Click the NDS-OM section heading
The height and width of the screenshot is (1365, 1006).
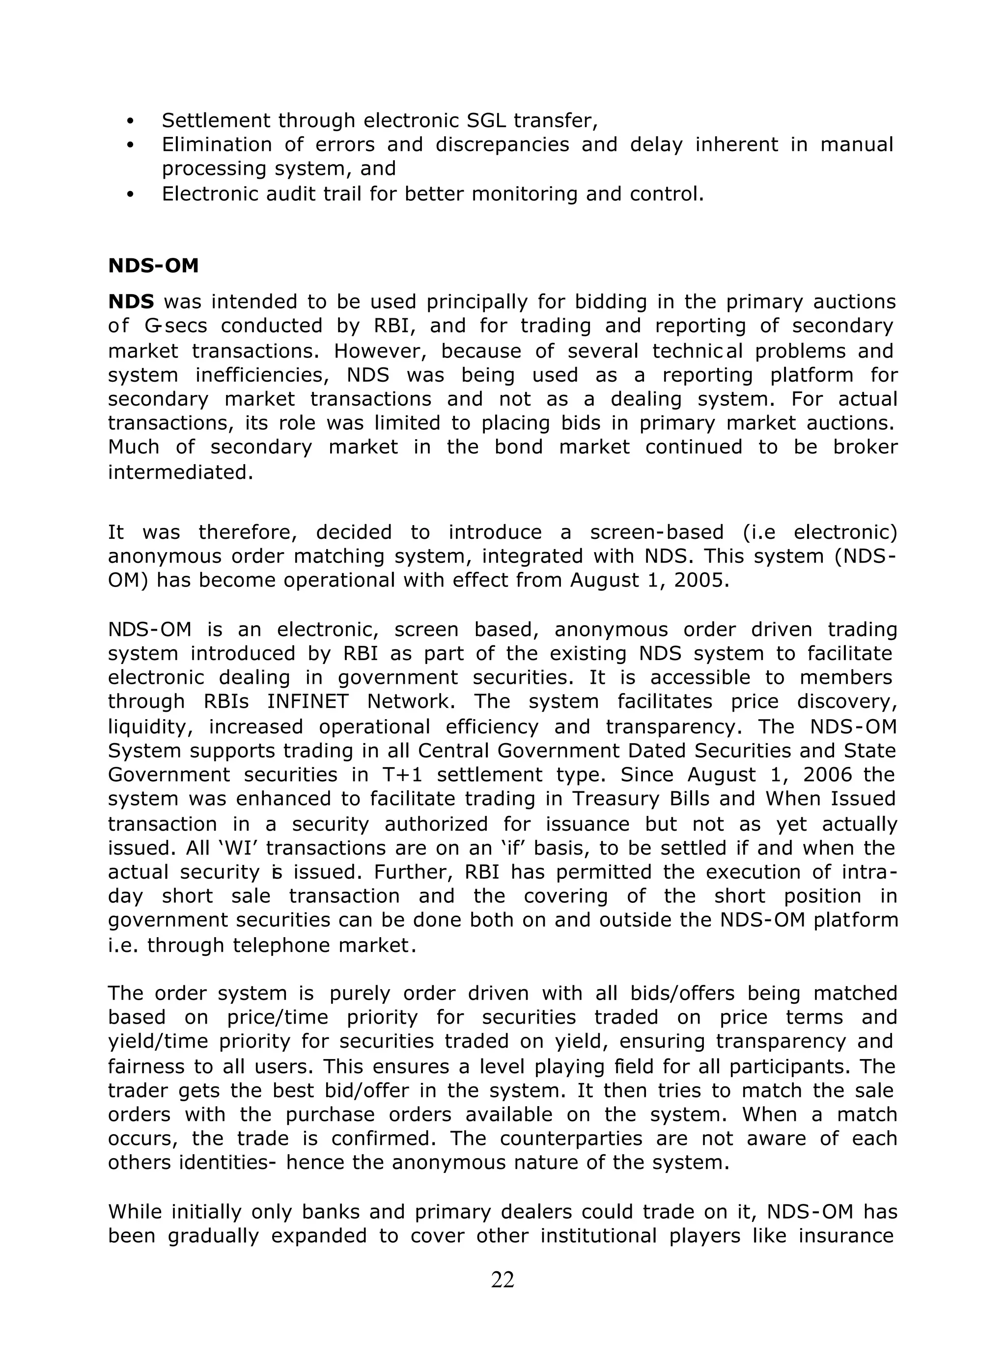(x=153, y=266)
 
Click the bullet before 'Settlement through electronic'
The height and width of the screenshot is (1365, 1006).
(x=130, y=121)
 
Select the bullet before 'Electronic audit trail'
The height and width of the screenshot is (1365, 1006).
(x=130, y=195)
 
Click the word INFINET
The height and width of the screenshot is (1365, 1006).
(x=307, y=701)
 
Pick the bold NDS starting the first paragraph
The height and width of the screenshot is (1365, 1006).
(x=131, y=302)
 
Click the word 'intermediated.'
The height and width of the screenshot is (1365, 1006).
(x=180, y=473)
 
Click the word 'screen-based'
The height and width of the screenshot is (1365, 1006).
(x=656, y=532)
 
